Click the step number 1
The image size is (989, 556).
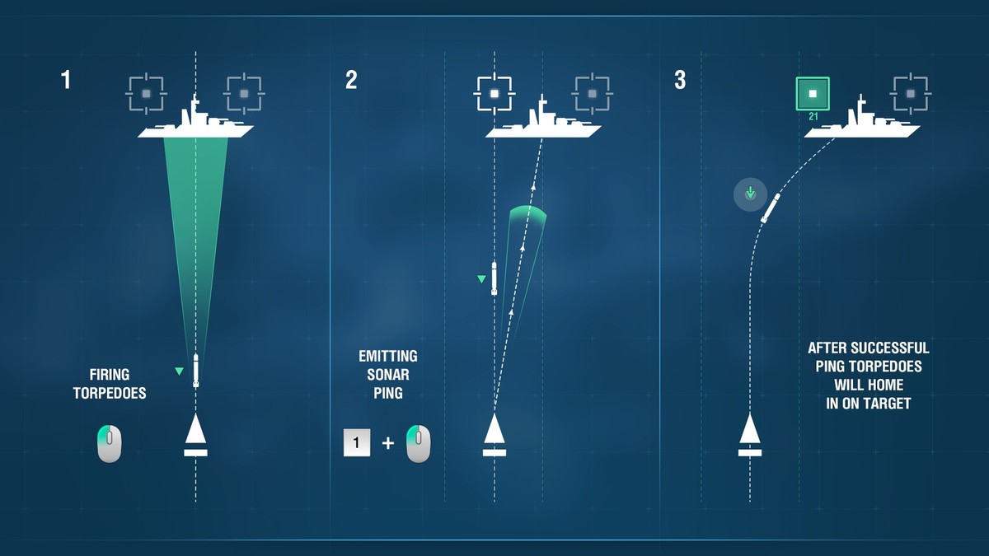[x=66, y=81]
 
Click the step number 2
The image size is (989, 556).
[x=351, y=81]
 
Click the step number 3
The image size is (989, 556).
[x=680, y=81]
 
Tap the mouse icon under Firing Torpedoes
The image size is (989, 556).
[x=109, y=443]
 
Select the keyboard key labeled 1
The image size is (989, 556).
[x=357, y=442]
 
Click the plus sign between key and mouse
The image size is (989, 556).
[x=387, y=442]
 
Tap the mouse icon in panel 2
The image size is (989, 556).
[x=418, y=443]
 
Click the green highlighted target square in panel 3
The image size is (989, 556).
[x=813, y=94]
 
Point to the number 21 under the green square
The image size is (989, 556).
[x=813, y=116]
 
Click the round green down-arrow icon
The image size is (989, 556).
[x=750, y=194]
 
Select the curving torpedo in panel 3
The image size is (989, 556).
[x=771, y=208]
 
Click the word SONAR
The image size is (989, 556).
[x=388, y=375]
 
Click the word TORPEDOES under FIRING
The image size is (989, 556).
[x=110, y=393]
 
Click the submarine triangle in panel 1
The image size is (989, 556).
[x=195, y=429]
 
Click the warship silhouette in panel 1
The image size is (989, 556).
[x=195, y=119]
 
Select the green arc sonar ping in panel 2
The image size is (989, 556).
[x=528, y=212]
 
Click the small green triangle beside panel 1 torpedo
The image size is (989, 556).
[x=179, y=371]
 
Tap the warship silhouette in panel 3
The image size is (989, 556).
[x=862, y=119]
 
